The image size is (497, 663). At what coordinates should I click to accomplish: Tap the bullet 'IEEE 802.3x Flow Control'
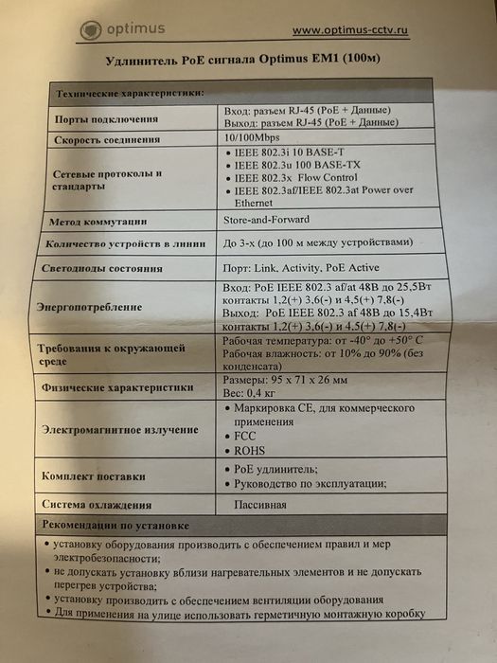coord(299,177)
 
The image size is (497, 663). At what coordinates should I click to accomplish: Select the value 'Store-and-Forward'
coord(268,220)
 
